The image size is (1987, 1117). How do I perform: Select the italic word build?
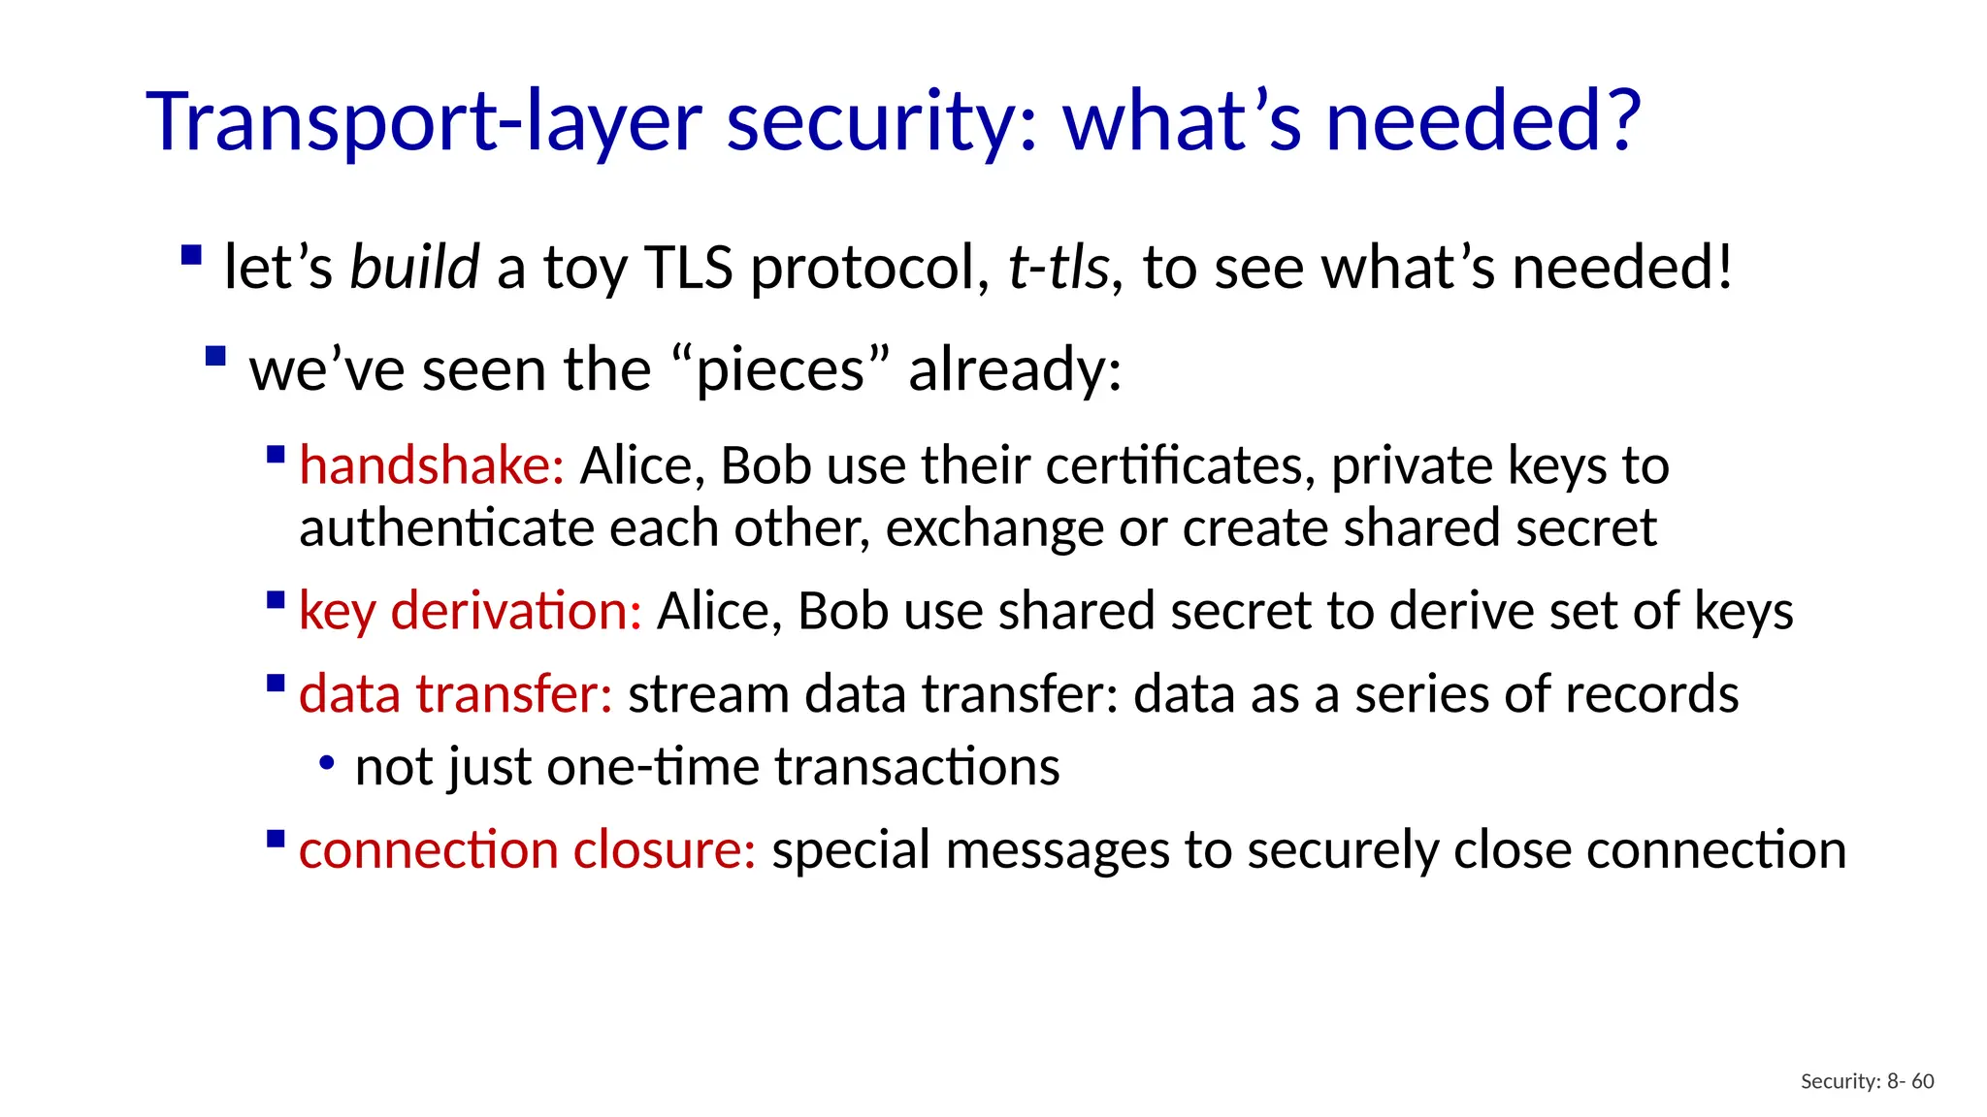click(414, 267)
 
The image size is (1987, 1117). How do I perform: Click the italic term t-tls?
click(1058, 267)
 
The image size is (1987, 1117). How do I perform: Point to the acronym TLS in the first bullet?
click(688, 267)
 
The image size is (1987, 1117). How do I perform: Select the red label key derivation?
click(470, 611)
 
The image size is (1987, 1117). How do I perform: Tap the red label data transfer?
click(455, 694)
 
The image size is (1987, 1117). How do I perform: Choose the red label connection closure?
click(527, 849)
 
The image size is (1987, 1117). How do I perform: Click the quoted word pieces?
click(780, 369)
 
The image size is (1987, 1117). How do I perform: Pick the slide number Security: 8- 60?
click(1867, 1081)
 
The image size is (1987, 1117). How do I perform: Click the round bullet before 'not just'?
click(327, 765)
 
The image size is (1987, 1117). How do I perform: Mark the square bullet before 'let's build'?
click(191, 256)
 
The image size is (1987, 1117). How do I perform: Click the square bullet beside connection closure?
click(276, 838)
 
